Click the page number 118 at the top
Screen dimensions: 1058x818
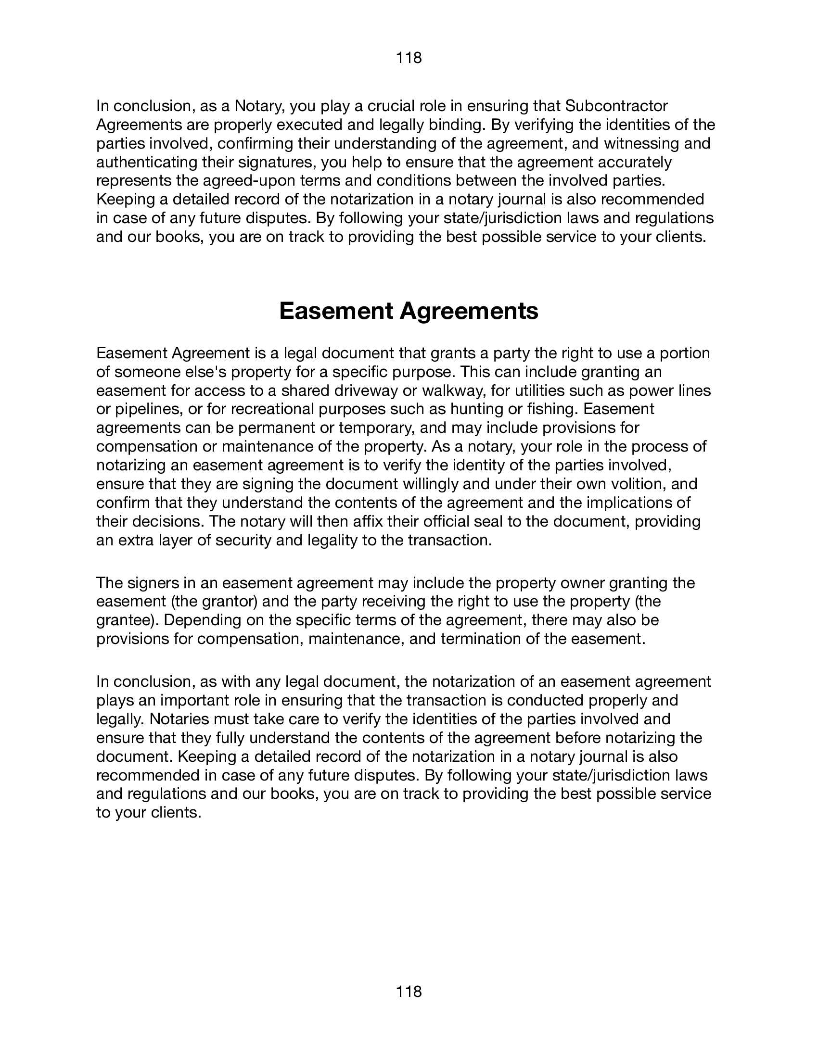click(409, 58)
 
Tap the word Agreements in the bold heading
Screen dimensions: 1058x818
click(469, 311)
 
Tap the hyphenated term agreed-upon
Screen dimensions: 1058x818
click(245, 181)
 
